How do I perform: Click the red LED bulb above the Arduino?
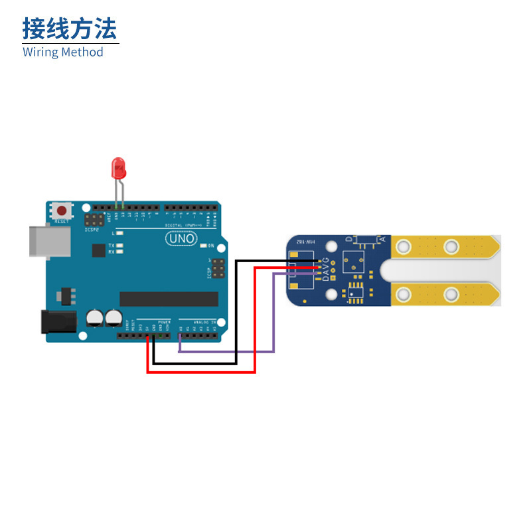tap(119, 168)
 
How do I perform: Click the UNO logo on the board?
tap(181, 238)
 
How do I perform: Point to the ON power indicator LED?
tap(202, 246)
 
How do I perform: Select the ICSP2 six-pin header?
tap(94, 219)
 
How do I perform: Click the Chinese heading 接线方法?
tap(70, 29)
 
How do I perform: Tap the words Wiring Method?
tap(63, 52)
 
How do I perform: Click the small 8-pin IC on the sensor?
tap(356, 291)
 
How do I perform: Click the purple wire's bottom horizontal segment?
tap(226, 352)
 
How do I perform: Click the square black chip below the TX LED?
tap(99, 250)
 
